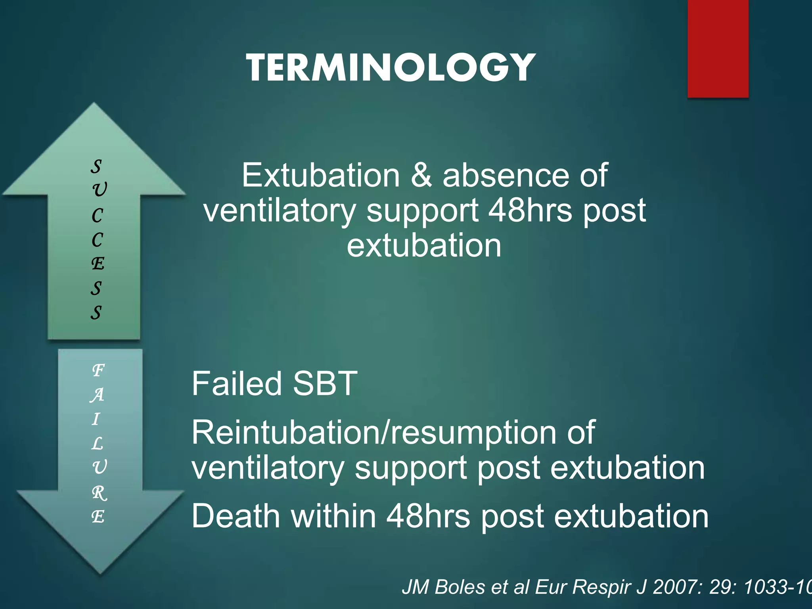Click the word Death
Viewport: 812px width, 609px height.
(236, 516)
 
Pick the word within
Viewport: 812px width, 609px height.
(333, 516)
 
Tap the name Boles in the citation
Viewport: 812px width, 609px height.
(460, 587)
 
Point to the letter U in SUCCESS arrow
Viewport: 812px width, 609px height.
(99, 190)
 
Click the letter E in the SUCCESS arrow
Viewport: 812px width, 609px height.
(98, 264)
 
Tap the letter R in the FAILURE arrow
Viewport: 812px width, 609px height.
(99, 493)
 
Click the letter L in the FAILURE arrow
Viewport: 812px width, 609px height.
(97, 444)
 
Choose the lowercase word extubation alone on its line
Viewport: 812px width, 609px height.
(424, 246)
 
